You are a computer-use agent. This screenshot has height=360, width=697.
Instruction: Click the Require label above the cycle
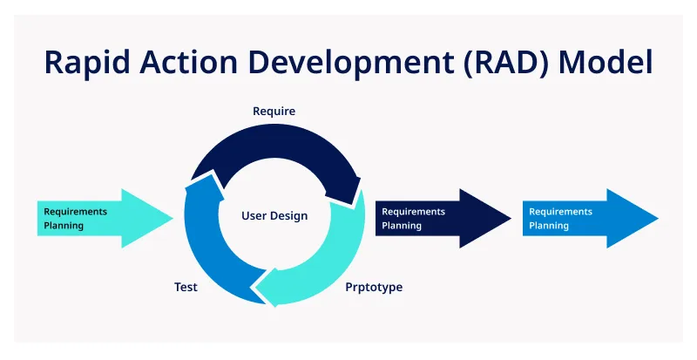(x=274, y=112)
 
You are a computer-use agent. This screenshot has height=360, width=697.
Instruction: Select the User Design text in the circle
(x=274, y=215)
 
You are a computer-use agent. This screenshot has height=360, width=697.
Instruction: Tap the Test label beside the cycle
(x=186, y=287)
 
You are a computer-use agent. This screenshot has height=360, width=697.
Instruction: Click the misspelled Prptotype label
(x=374, y=287)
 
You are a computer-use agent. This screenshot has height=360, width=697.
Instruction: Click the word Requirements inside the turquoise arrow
(x=75, y=211)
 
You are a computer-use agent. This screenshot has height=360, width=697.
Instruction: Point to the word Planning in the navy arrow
(x=401, y=226)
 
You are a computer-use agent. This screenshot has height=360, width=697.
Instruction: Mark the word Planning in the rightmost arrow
(x=548, y=226)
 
